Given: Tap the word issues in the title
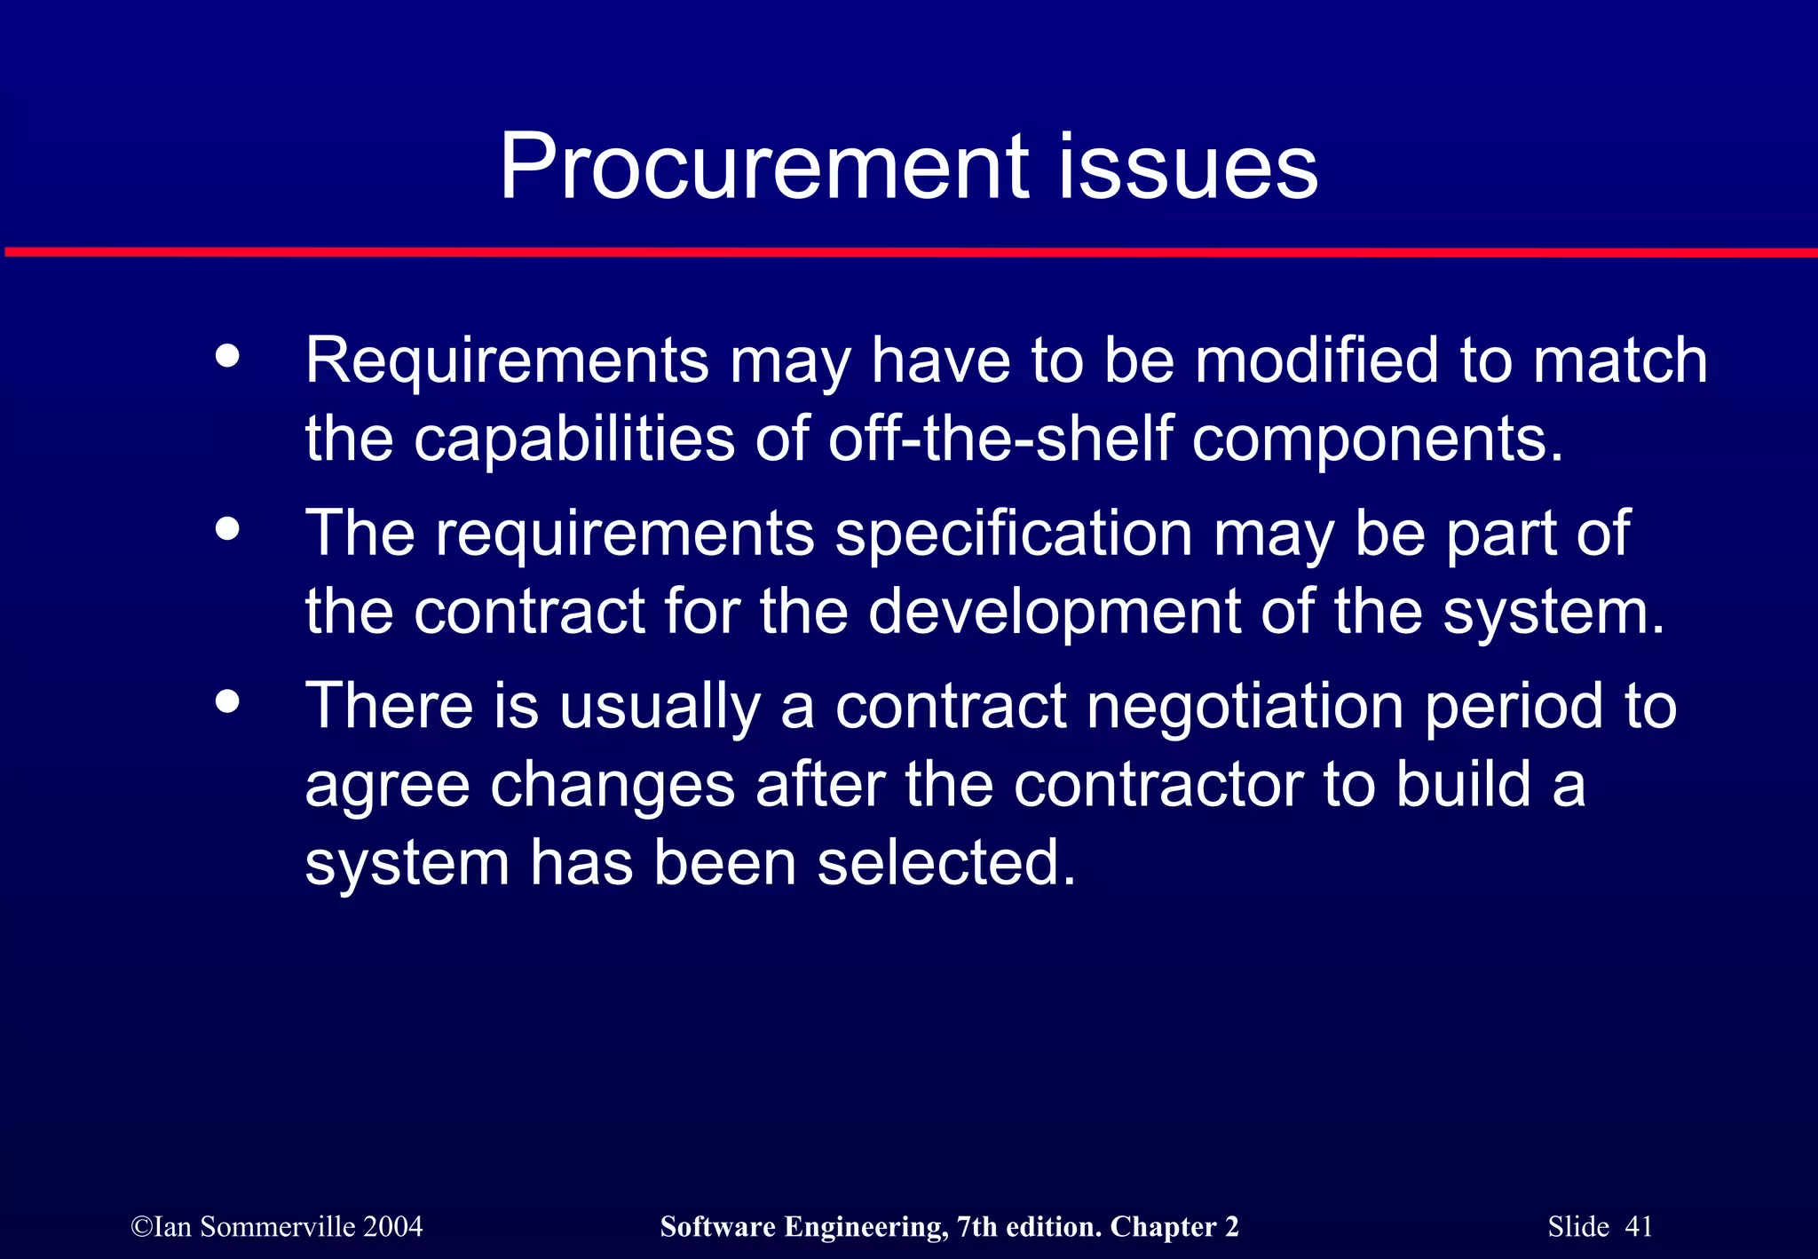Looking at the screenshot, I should (1187, 167).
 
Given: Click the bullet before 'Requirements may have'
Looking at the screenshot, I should (228, 356).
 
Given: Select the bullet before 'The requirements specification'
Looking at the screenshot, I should (228, 529).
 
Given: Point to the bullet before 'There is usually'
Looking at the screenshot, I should (228, 701).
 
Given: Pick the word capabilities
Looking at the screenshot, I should (574, 439).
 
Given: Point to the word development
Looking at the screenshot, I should (1053, 613).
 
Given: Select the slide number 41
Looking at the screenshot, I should (1639, 1226).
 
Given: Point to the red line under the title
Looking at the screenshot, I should (909, 253).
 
